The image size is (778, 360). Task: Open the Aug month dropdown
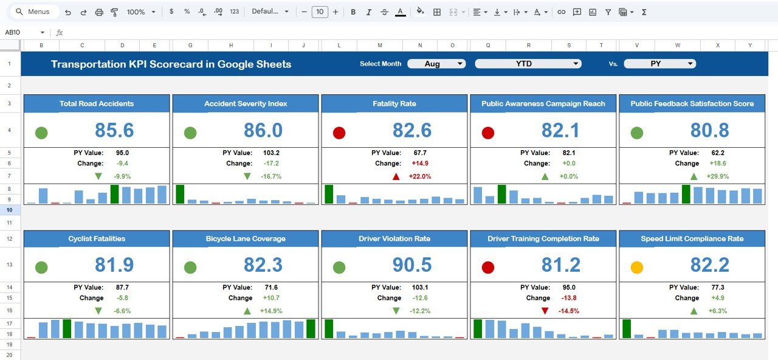pyautogui.click(x=436, y=64)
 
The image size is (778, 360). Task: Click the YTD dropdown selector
pyautogui.click(x=528, y=64)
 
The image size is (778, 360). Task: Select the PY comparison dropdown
pyautogui.click(x=659, y=64)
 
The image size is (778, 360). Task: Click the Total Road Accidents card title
pyautogui.click(x=97, y=104)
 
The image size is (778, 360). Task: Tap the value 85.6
pyautogui.click(x=114, y=130)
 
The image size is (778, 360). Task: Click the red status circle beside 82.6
pyautogui.click(x=339, y=133)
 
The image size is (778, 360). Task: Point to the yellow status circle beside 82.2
pyautogui.click(x=637, y=267)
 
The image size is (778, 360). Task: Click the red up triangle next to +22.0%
pyautogui.click(x=396, y=176)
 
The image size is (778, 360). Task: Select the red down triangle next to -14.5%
pyautogui.click(x=545, y=311)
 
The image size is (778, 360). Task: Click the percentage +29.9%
pyautogui.click(x=717, y=176)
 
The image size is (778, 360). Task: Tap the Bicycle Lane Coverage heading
pyautogui.click(x=246, y=239)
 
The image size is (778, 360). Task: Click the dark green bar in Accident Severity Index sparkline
pyautogui.click(x=180, y=194)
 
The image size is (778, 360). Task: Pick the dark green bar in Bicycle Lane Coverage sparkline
pyautogui.click(x=311, y=328)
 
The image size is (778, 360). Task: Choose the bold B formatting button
pyautogui.click(x=353, y=12)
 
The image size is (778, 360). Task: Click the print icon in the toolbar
pyautogui.click(x=99, y=12)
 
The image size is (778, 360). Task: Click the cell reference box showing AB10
pyautogui.click(x=24, y=33)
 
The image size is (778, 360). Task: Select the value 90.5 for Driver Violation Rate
pyautogui.click(x=412, y=265)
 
